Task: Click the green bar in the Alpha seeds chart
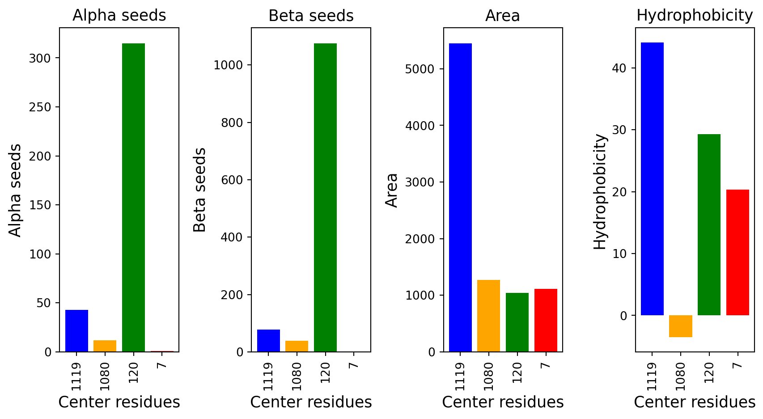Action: coord(133,197)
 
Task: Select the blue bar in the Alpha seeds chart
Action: coord(76,330)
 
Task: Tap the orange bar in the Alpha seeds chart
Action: coord(105,346)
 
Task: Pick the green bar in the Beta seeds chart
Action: coord(325,197)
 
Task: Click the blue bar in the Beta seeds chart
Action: coord(268,340)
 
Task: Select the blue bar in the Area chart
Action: coord(460,197)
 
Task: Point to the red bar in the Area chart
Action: coord(546,320)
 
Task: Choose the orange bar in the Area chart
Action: coord(488,316)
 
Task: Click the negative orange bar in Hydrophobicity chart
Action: coord(680,326)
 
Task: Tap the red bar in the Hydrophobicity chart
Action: coord(738,252)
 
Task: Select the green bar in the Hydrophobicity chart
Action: coord(709,224)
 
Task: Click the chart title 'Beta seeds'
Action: coord(311,16)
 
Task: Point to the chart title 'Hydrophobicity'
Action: coord(695,16)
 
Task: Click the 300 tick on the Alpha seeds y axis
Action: coord(40,58)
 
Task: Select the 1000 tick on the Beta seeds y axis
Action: coord(228,65)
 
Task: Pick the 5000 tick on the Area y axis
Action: coord(420,69)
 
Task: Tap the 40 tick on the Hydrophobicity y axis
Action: coord(620,68)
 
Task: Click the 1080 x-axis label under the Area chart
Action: coord(488,376)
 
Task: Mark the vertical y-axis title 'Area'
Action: coord(392,190)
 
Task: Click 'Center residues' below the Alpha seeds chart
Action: coord(119,402)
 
